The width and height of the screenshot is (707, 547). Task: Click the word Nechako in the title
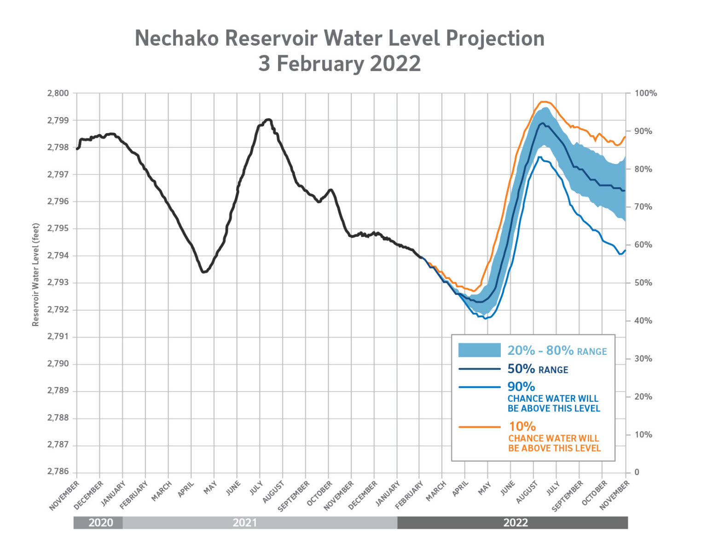tap(176, 38)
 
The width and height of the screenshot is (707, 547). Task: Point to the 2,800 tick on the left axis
tap(58, 93)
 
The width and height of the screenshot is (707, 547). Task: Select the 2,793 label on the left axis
tap(58, 282)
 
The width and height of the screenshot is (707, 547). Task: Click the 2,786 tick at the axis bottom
tap(58, 472)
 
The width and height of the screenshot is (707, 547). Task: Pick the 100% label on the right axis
tap(645, 93)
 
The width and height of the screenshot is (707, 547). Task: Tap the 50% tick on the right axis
tap(643, 282)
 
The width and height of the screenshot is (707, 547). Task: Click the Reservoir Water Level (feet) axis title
tap(35, 275)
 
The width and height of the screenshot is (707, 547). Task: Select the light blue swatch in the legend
tap(479, 350)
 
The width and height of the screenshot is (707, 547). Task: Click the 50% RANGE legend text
tap(538, 369)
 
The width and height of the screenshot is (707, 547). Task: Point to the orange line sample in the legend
tap(479, 427)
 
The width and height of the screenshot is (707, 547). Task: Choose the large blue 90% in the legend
tap(521, 387)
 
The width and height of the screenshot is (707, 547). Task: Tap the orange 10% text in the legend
tap(522, 426)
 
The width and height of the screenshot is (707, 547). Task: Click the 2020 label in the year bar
tap(100, 523)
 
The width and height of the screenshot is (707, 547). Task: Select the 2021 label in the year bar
tap(244, 523)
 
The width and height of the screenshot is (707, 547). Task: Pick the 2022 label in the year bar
tap(516, 523)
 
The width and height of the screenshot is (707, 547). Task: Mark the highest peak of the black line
tap(268, 119)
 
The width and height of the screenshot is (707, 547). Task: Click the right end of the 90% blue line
tap(625, 251)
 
